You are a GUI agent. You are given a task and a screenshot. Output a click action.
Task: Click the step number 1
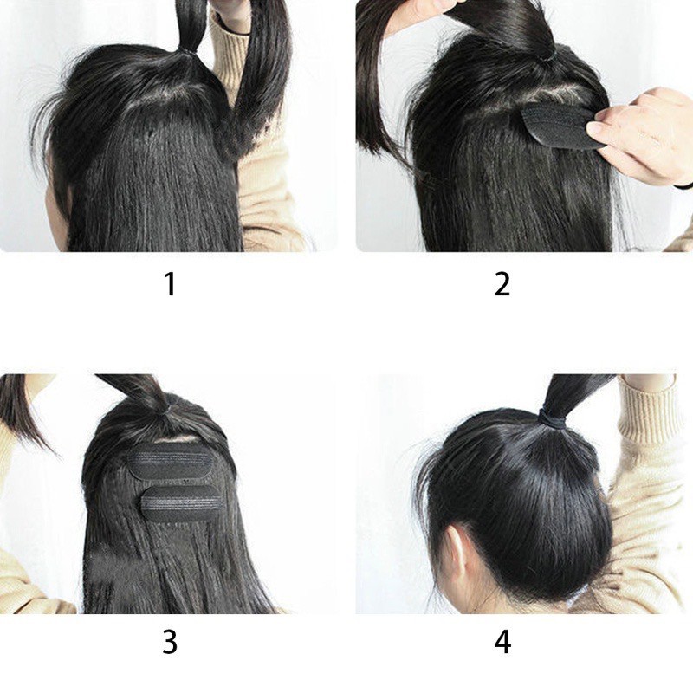point(170,284)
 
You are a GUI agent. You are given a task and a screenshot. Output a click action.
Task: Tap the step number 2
point(502,284)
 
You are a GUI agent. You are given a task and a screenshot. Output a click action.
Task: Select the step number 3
point(170,642)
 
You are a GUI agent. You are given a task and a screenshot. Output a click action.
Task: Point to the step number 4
point(502,642)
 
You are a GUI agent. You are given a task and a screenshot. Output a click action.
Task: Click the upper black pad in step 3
point(171,466)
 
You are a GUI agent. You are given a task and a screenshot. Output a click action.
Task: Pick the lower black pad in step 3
point(180,504)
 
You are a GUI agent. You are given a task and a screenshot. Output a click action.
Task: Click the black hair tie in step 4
point(554,418)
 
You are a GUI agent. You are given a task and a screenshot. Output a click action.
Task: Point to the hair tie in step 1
point(188,51)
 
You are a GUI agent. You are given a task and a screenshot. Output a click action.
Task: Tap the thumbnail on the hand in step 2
point(595,128)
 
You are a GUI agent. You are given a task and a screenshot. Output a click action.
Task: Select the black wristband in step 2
point(683,185)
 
